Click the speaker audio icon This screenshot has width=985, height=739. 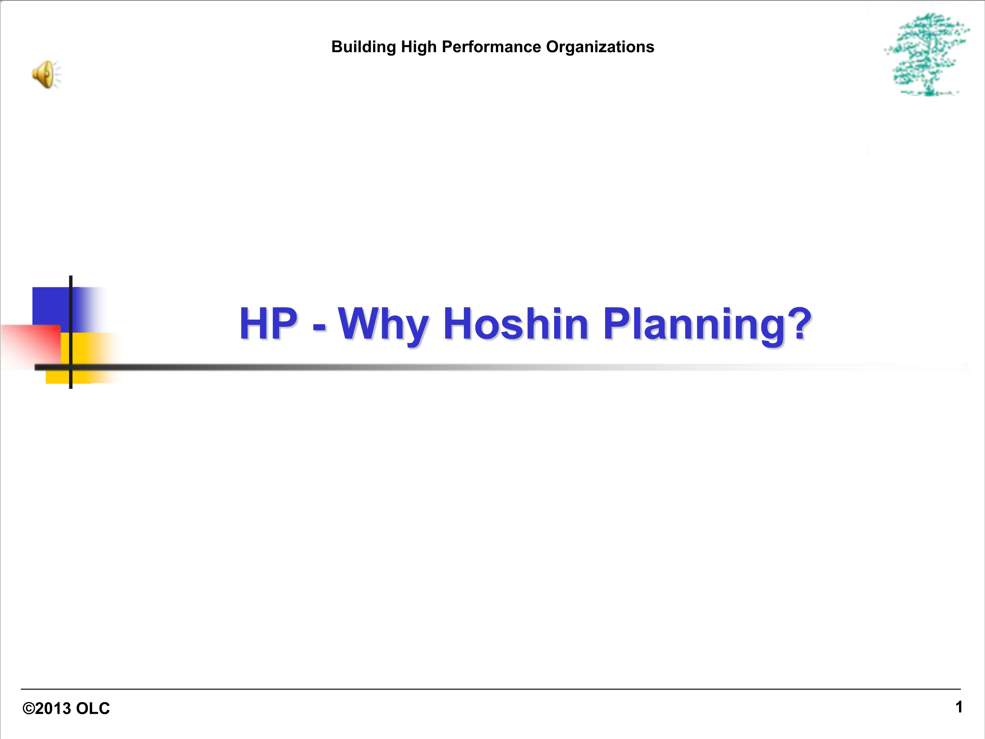46,75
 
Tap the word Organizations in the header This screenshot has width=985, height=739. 600,47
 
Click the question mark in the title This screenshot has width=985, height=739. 800,323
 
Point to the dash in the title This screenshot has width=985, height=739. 319,329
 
